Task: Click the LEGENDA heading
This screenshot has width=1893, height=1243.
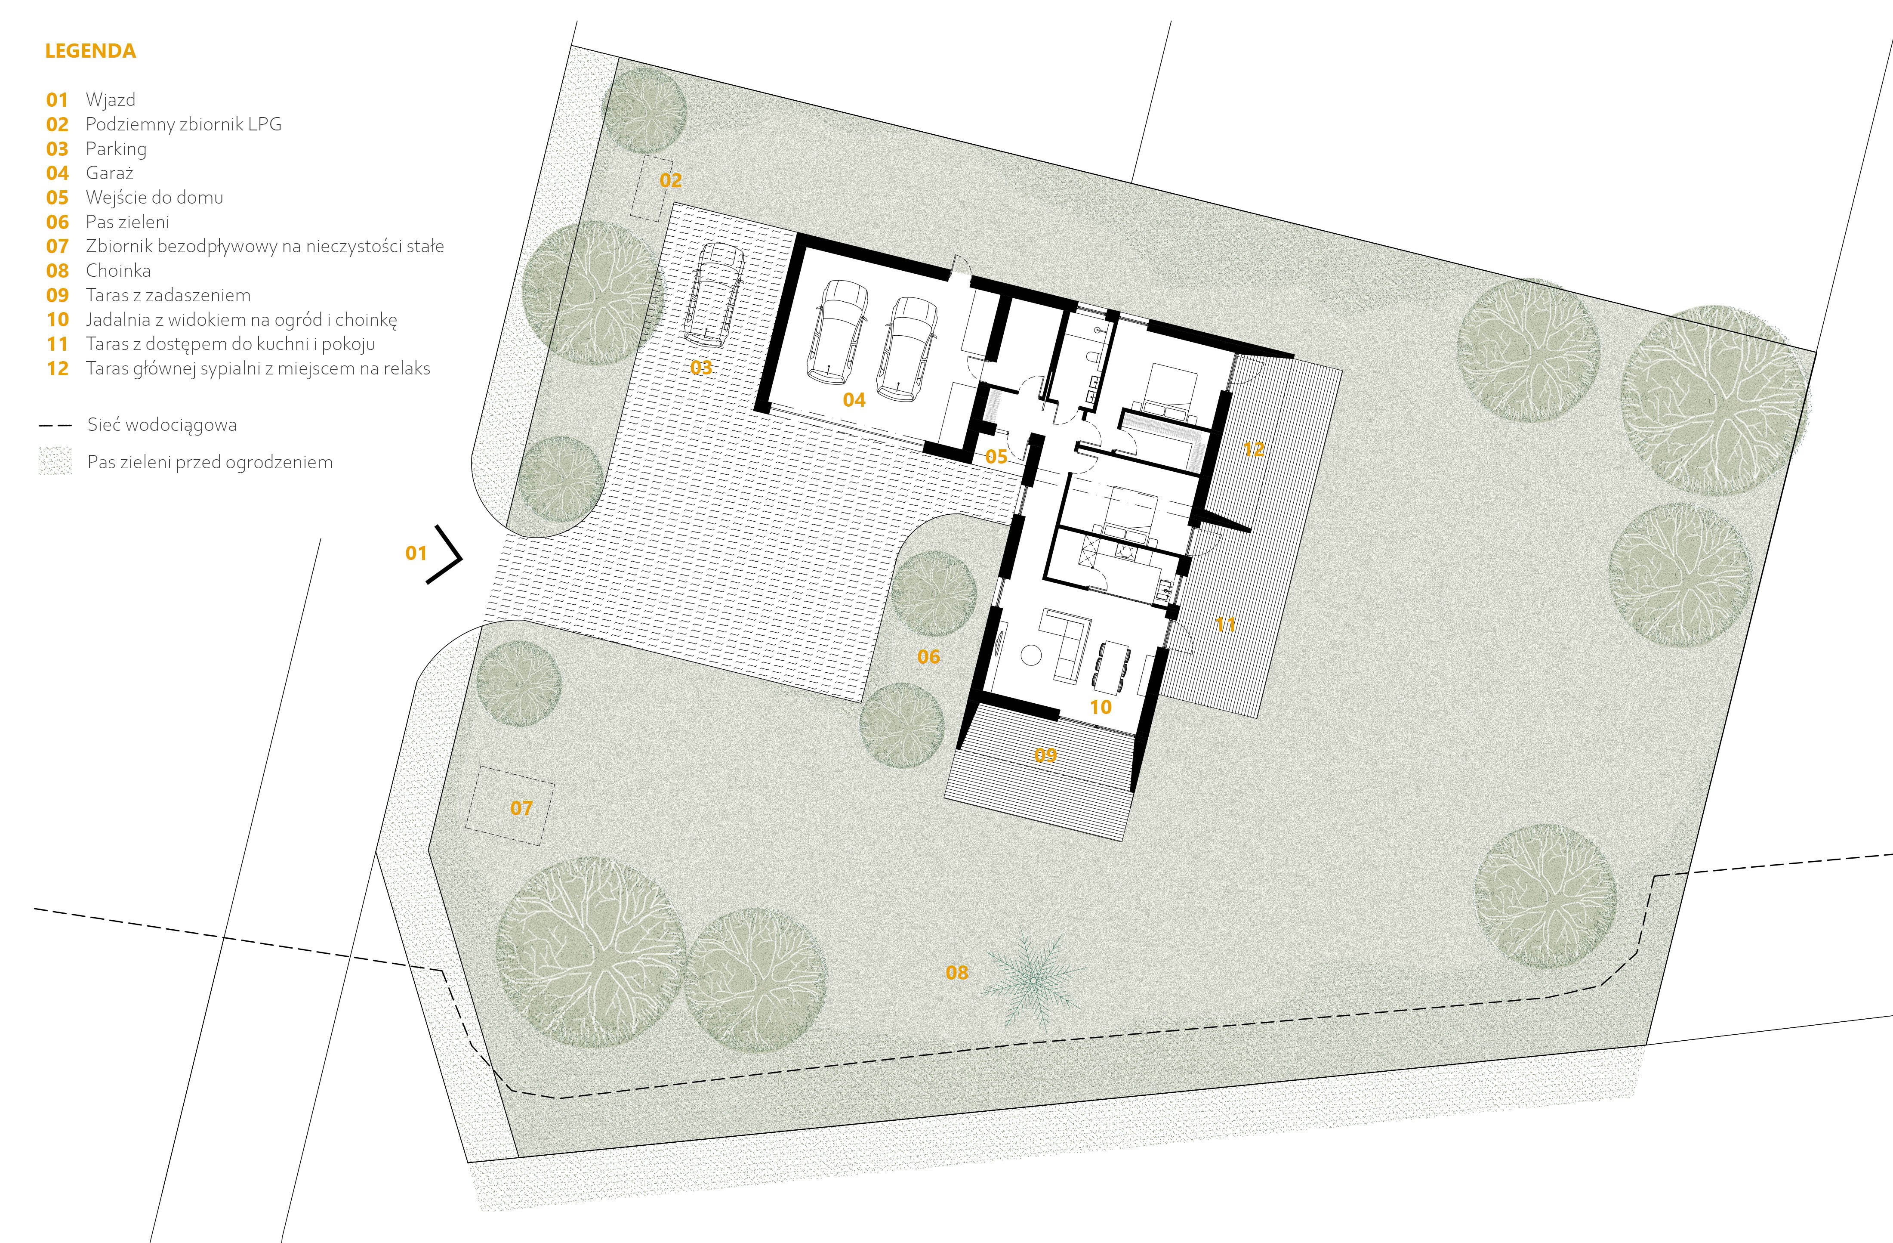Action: [90, 51]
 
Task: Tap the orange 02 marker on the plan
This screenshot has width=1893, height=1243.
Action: [670, 181]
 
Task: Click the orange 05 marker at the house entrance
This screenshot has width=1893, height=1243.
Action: [996, 457]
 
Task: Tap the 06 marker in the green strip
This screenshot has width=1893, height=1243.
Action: [928, 656]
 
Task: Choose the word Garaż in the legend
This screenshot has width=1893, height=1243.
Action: [110, 173]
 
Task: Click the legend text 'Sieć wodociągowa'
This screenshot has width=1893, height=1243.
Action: [162, 425]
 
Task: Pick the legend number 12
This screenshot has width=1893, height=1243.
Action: [57, 368]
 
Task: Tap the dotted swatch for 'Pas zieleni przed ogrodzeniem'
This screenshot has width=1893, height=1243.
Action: [55, 461]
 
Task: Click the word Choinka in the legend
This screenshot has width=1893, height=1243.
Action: [118, 271]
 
